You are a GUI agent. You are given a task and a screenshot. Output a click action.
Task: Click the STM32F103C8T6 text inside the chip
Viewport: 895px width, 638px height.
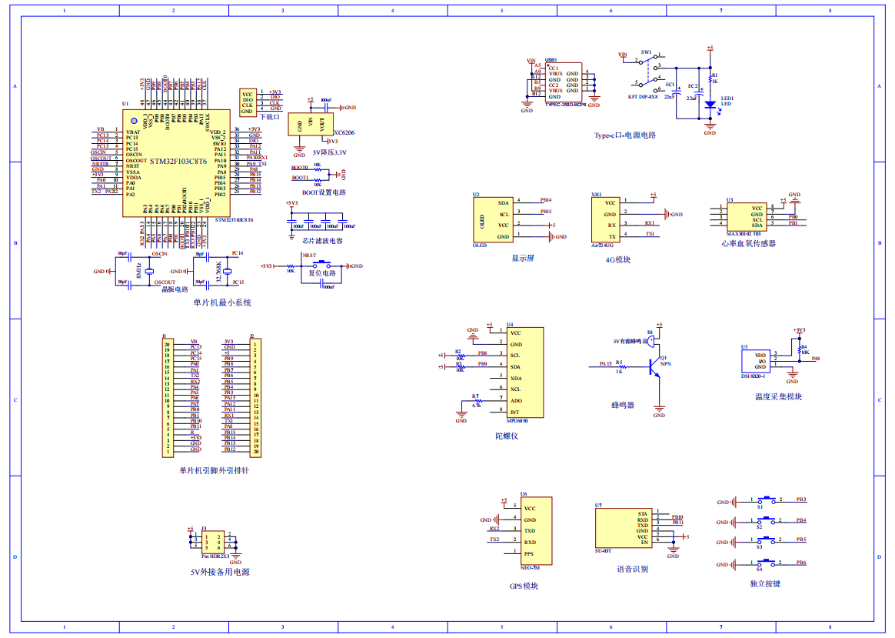point(178,162)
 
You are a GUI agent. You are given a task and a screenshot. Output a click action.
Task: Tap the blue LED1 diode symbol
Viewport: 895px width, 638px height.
point(710,105)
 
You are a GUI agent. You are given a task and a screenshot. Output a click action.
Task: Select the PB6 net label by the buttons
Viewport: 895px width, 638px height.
point(801,563)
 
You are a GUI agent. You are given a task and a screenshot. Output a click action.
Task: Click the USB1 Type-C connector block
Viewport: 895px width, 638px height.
point(564,82)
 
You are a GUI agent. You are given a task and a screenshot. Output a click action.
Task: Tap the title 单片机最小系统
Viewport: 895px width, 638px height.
point(222,302)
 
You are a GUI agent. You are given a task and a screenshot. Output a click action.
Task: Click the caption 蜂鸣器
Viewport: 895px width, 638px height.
point(623,405)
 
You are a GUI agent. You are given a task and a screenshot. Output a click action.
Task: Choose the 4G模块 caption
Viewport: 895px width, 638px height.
point(617,259)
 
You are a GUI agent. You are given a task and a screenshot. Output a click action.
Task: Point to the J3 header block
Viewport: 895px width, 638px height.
point(213,542)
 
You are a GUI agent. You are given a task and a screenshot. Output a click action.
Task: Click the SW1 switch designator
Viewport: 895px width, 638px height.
point(646,53)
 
